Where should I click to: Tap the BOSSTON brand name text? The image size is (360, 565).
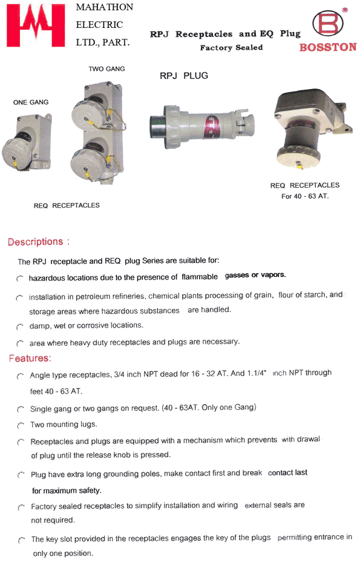tap(327, 47)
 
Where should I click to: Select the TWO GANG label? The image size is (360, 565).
tap(106, 69)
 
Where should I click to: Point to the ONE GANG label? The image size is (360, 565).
tap(31, 102)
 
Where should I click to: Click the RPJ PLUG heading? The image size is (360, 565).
tap(183, 76)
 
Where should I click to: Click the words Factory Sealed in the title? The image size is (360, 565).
tap(231, 47)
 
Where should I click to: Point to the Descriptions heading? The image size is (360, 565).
tap(38, 242)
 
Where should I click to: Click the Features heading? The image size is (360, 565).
tap(30, 358)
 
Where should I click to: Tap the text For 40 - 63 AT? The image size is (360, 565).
tap(305, 196)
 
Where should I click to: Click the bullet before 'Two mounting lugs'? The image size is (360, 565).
tap(20, 425)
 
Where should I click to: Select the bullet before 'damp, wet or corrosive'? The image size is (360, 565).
tap(20, 326)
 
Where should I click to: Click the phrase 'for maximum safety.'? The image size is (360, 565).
tap(67, 490)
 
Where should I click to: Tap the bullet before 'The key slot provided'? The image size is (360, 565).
tap(21, 539)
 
